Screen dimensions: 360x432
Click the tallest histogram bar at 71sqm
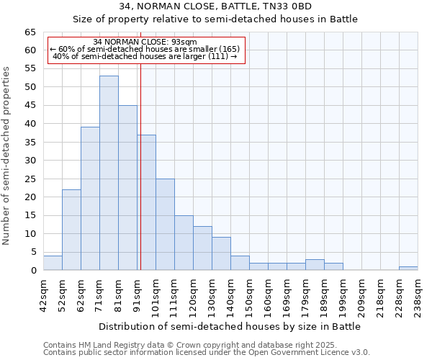point(109,173)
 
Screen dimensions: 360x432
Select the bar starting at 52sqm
point(71,230)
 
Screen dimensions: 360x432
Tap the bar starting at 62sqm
point(90,199)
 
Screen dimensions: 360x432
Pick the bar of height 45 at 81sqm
point(127,188)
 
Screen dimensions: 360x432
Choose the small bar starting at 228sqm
point(408,269)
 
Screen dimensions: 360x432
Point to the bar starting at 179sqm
point(315,265)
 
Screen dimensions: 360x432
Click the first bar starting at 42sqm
point(53,263)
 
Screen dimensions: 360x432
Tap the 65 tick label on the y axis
point(30,32)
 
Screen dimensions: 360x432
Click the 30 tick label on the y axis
point(30,161)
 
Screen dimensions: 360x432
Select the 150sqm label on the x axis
point(249,295)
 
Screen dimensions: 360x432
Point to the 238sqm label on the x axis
point(418,295)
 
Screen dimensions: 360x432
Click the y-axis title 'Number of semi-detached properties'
point(7,156)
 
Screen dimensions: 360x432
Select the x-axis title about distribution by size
point(230,326)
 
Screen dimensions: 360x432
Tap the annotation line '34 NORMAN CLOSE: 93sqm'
point(145,42)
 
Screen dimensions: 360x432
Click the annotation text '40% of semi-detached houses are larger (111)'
point(145,56)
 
